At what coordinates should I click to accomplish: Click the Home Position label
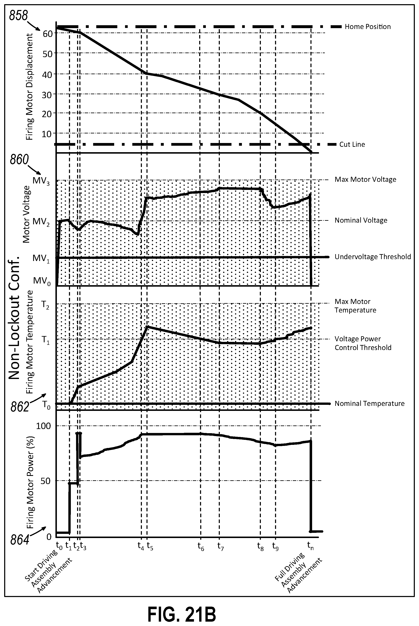[x=368, y=27]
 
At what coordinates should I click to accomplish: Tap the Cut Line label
[x=352, y=144]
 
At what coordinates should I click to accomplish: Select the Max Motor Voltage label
[x=365, y=179]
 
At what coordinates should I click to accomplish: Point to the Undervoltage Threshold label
[x=373, y=257]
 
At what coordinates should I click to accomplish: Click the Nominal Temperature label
[x=370, y=403]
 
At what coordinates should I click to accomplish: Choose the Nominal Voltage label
[x=361, y=220]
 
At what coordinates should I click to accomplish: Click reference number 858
[x=18, y=16]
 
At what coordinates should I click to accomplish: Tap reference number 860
[x=19, y=159]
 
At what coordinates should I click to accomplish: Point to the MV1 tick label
[x=41, y=258]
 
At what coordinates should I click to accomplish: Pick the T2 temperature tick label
[x=45, y=305]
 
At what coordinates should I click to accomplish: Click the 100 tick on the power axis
[x=43, y=426]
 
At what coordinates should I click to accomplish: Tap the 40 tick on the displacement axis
[x=46, y=74]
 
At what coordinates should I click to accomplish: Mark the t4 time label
[x=141, y=546]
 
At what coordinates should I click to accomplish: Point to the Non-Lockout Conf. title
[x=15, y=318]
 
